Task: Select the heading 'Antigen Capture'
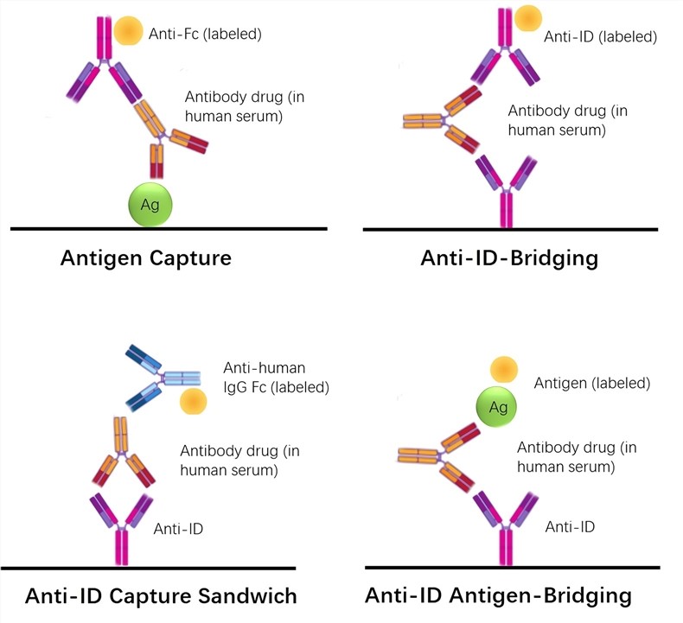point(145,257)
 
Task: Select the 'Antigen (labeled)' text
point(592,382)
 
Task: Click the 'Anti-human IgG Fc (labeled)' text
point(276,377)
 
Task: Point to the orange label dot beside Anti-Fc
point(129,30)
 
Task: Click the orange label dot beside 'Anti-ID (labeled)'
point(528,18)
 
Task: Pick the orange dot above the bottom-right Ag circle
point(504,370)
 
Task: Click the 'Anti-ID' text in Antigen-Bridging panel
point(569,525)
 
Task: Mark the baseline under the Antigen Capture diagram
point(168,228)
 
